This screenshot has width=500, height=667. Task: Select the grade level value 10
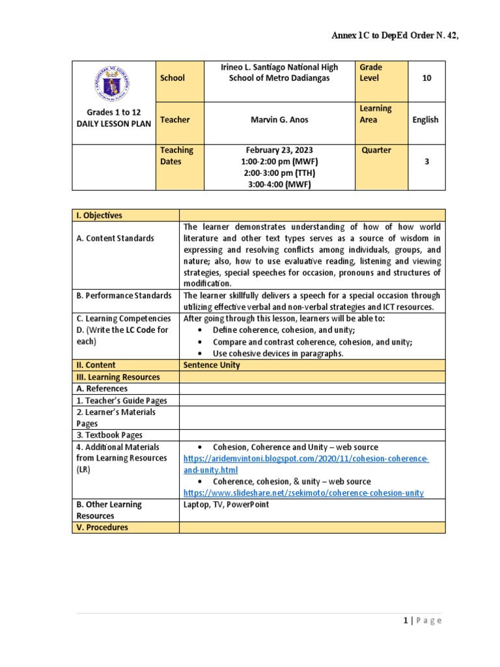coord(426,78)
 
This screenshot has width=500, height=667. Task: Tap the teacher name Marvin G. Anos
coord(279,120)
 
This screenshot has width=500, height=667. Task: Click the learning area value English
coord(425,120)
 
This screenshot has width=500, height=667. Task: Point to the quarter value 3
coord(426,162)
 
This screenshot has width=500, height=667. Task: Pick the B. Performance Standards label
coord(123,296)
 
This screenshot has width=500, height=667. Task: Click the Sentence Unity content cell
coord(212,365)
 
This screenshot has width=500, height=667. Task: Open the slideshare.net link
coord(303,493)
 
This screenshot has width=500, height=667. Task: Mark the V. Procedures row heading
coord(102,528)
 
